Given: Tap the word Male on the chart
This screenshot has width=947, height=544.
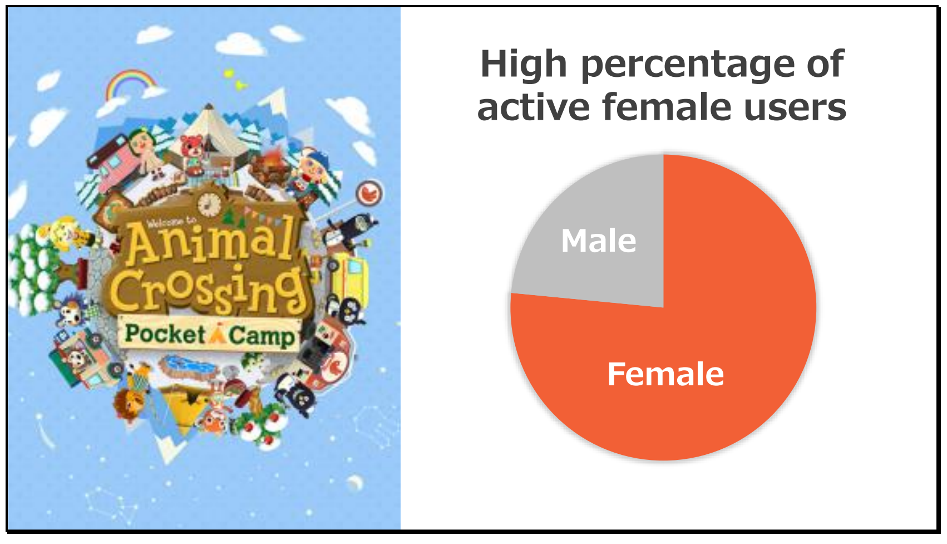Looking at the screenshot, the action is pyautogui.click(x=599, y=241).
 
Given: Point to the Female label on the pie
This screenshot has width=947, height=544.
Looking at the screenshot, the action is pyautogui.click(x=665, y=374).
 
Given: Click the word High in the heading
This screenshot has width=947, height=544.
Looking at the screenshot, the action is pyautogui.click(x=524, y=65).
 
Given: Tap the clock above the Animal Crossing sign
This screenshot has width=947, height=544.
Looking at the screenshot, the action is pyautogui.click(x=209, y=204).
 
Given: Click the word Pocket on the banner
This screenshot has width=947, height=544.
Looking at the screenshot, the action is pyautogui.click(x=165, y=334).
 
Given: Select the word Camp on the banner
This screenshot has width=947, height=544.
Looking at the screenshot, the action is pyautogui.click(x=262, y=336).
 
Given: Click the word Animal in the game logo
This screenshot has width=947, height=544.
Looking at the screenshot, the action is pyautogui.click(x=210, y=241).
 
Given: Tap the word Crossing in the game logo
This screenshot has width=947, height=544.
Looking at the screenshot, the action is pyautogui.click(x=207, y=290).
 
